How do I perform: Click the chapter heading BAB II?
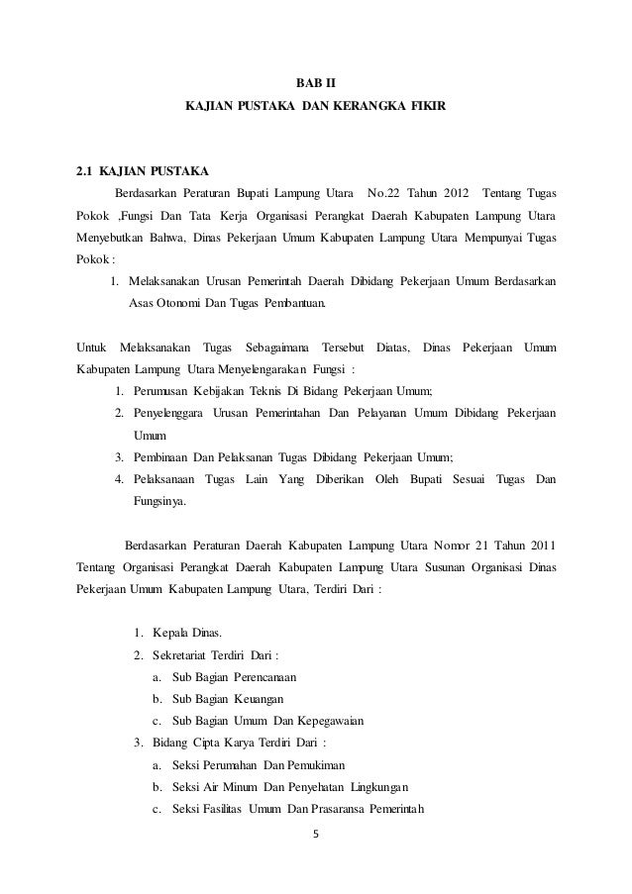click(x=316, y=79)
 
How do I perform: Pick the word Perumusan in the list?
click(x=159, y=391)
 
